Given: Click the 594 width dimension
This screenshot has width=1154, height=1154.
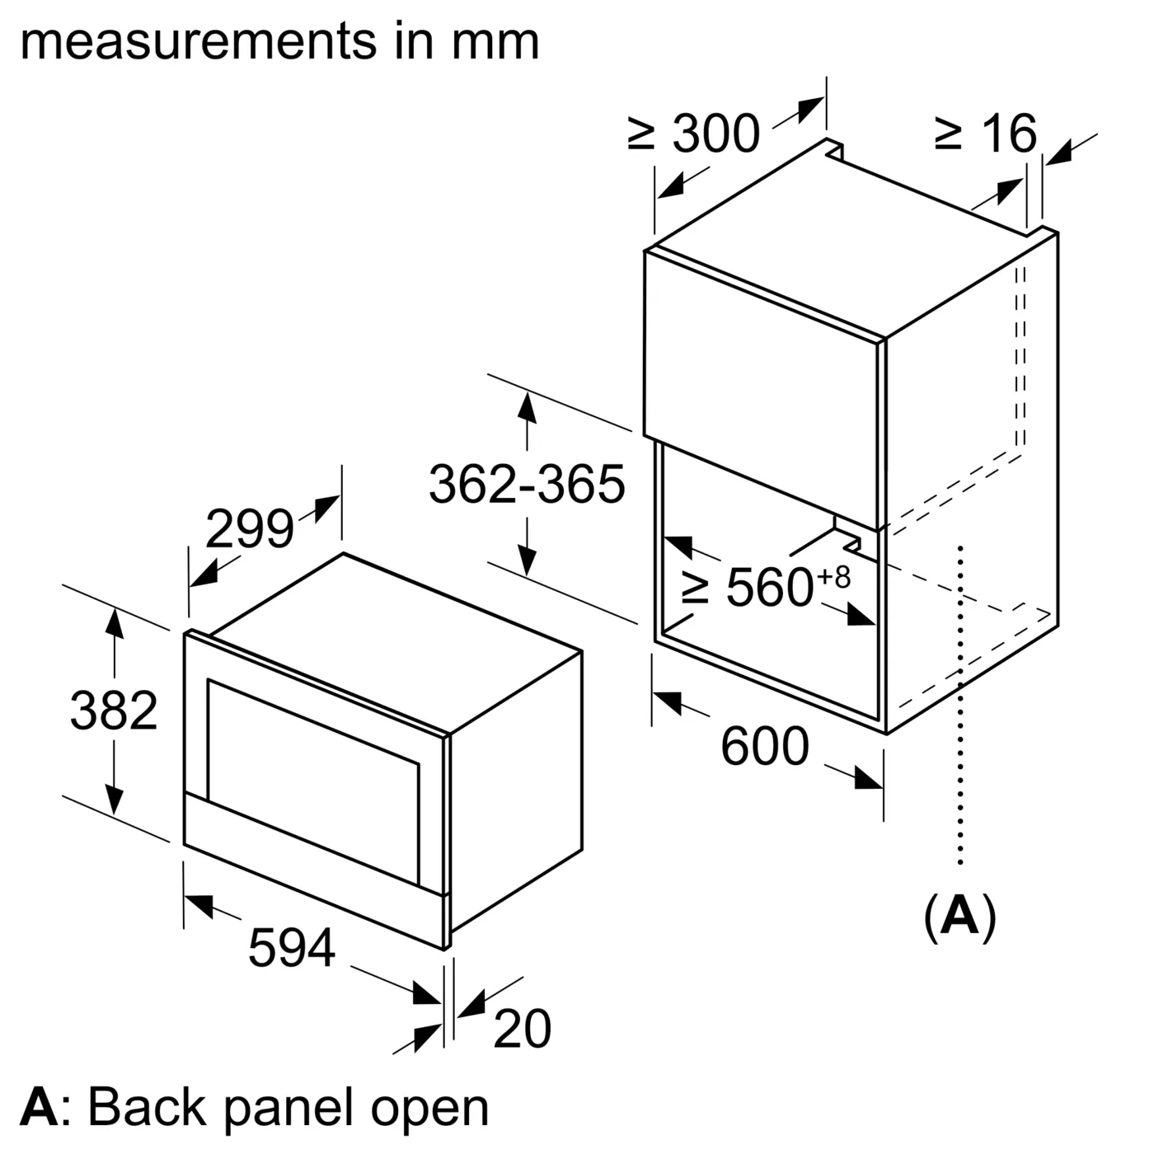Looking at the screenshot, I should click(x=292, y=947).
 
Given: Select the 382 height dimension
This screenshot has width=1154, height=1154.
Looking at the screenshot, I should click(x=114, y=711).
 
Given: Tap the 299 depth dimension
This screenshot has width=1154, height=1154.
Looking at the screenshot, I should click(x=249, y=529).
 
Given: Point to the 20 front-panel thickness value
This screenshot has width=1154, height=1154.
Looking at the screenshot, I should click(x=522, y=1029).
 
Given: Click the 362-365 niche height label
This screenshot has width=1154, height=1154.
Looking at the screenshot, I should click(x=527, y=484).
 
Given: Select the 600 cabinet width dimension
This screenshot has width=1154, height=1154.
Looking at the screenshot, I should click(x=765, y=747).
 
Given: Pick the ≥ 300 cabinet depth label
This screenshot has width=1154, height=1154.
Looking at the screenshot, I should click(x=694, y=134).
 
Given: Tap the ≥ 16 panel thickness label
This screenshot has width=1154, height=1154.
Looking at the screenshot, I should click(x=986, y=133).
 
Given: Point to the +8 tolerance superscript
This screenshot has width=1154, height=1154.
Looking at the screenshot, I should click(x=833, y=576).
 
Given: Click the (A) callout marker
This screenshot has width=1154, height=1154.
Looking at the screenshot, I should click(x=960, y=915).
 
